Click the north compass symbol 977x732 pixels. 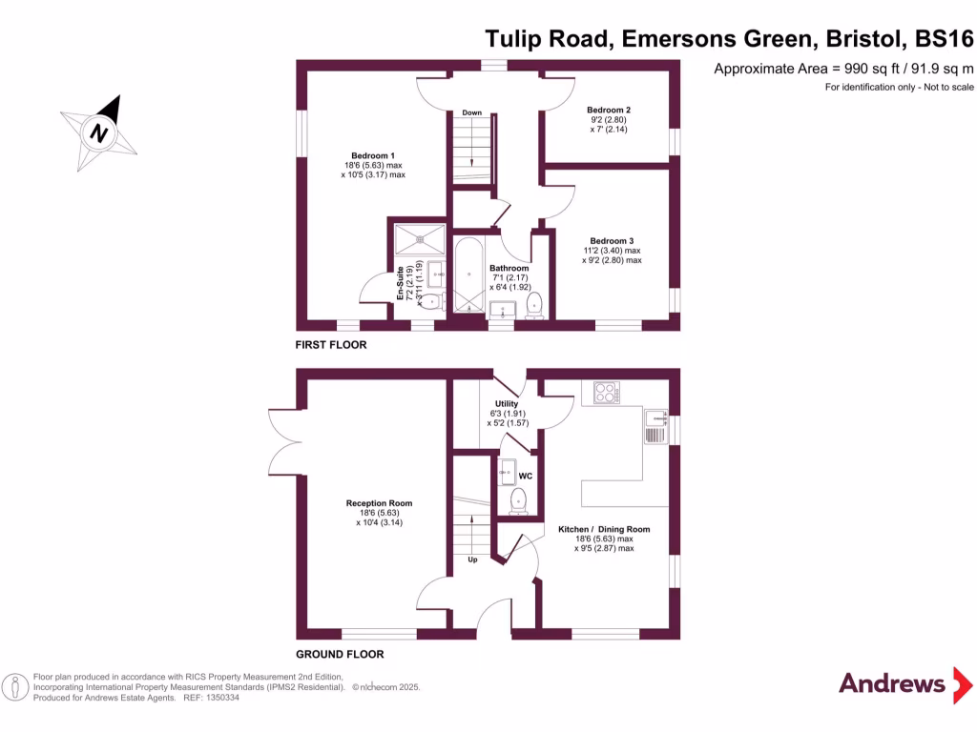click(98, 132)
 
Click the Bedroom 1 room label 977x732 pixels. click(373, 155)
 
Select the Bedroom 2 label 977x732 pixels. click(608, 110)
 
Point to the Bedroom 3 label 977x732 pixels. click(612, 241)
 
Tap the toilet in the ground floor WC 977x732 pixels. click(518, 500)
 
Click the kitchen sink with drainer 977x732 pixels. click(655, 426)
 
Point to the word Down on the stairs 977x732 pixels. click(471, 113)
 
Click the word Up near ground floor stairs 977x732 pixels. click(472, 559)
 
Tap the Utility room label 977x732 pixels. click(507, 404)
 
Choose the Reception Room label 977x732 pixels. click(379, 503)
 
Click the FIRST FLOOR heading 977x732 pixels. click(331, 345)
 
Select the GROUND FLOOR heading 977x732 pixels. click(340, 655)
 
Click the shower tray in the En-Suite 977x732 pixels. click(419, 238)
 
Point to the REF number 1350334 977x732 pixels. click(220, 698)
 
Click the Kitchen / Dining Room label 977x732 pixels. click(604, 529)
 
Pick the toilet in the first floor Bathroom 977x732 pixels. click(534, 303)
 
